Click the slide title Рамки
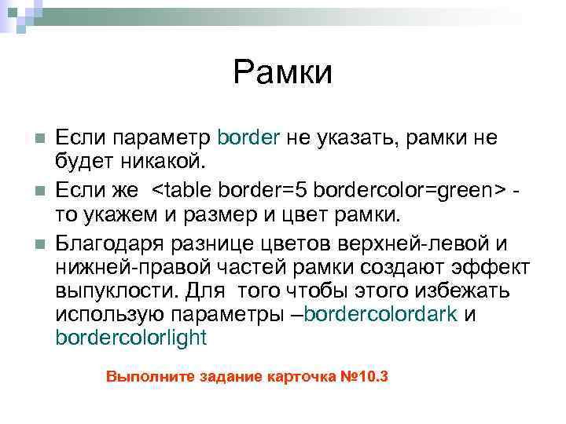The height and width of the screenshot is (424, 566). (x=283, y=73)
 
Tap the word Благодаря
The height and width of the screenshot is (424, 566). (x=101, y=240)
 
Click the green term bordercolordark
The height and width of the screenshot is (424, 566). (x=381, y=315)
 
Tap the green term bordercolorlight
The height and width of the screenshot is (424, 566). (x=131, y=339)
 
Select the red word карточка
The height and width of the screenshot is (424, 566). (x=299, y=376)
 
